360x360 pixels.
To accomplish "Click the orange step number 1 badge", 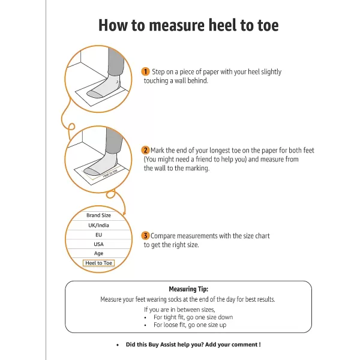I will click(145, 71).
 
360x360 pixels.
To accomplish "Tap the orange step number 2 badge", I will click(145, 150).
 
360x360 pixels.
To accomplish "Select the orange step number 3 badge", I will click(145, 236).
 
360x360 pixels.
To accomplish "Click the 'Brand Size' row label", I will click(98, 215).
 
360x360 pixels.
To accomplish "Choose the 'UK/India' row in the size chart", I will click(98, 225).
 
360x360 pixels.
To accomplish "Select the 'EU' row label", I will click(98, 235).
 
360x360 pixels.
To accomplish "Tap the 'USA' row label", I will click(98, 244).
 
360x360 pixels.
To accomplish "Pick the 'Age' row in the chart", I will click(98, 253).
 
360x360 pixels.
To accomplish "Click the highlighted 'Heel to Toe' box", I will click(98, 263).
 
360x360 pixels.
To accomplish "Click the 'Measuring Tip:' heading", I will click(188, 289).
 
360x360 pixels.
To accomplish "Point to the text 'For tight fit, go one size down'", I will click(193, 317).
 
